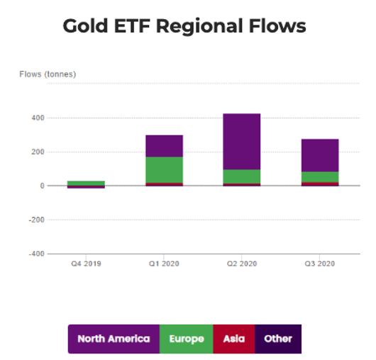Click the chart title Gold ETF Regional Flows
tap(184, 26)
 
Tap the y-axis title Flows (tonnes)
tap(48, 74)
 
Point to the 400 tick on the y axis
tap(38, 118)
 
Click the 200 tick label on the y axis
tap(38, 152)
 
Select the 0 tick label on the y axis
tap(42, 186)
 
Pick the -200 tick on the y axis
tap(36, 220)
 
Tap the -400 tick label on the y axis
tap(36, 254)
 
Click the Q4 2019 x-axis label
tap(86, 264)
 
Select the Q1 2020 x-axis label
tap(164, 264)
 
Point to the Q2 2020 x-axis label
tap(242, 264)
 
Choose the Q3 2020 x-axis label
tap(319, 264)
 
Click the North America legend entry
tap(114, 339)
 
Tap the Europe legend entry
tap(187, 339)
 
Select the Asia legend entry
tap(234, 339)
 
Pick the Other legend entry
tap(278, 339)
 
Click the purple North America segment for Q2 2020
tap(242, 142)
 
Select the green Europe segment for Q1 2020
tap(165, 170)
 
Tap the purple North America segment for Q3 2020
tap(320, 155)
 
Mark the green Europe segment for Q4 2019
tap(86, 184)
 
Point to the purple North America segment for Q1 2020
tap(165, 146)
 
